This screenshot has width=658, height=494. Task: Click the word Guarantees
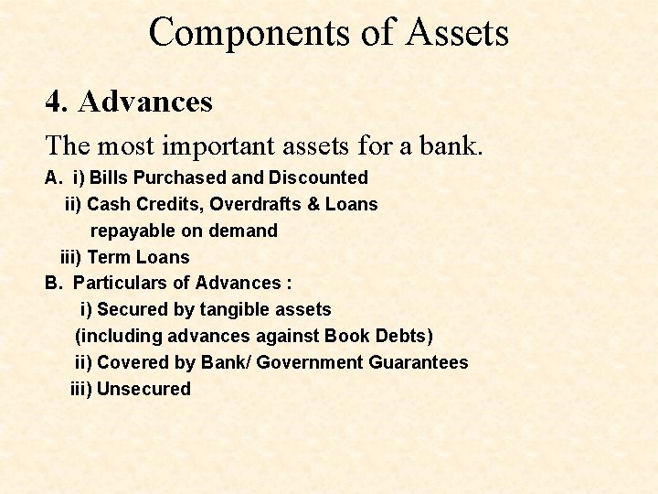(x=419, y=362)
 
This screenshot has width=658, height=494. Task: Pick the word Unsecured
(x=143, y=389)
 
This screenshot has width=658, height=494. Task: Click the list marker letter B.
(x=51, y=284)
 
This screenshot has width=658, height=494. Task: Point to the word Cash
(x=108, y=204)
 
